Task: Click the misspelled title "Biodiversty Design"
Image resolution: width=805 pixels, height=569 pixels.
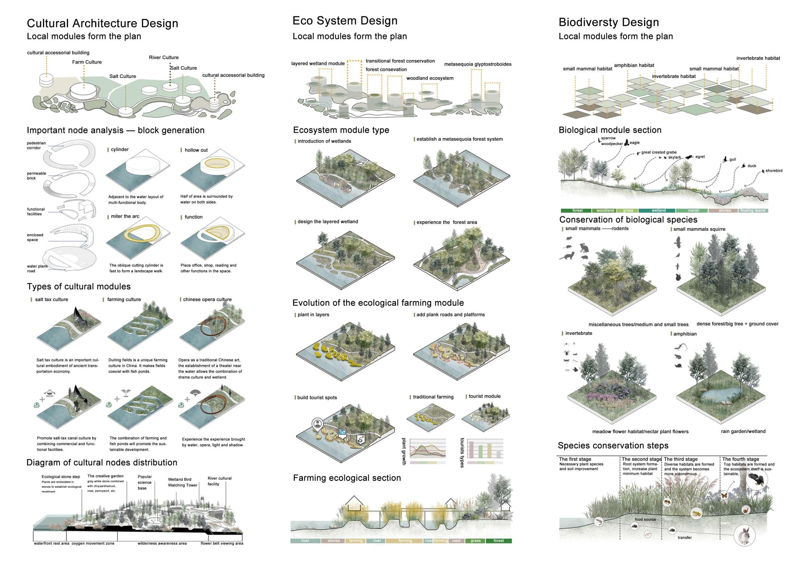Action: tap(608, 22)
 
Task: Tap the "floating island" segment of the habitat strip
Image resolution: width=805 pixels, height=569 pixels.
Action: tap(752, 211)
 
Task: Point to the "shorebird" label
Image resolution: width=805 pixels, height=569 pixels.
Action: tap(774, 171)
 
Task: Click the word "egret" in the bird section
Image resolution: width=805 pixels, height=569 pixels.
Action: tap(700, 157)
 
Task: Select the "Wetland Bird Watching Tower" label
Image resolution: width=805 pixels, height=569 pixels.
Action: tap(182, 482)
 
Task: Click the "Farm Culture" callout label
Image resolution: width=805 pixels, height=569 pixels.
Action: tap(87, 62)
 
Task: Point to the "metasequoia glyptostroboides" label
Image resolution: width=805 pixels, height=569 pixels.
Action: tap(477, 64)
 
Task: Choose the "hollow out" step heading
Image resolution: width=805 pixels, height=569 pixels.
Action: tap(196, 150)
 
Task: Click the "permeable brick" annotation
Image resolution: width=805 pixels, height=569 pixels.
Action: tap(36, 176)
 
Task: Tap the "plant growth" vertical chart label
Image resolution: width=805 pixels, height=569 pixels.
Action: tap(404, 451)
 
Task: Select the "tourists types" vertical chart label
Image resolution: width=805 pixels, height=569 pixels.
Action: tap(462, 452)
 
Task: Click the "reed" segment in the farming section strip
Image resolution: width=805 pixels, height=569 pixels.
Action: tap(456, 541)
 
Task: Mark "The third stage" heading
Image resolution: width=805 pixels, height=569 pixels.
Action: tap(681, 459)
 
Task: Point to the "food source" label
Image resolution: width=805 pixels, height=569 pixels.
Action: tap(645, 519)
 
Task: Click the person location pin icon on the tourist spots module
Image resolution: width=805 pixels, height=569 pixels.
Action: tap(318, 424)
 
